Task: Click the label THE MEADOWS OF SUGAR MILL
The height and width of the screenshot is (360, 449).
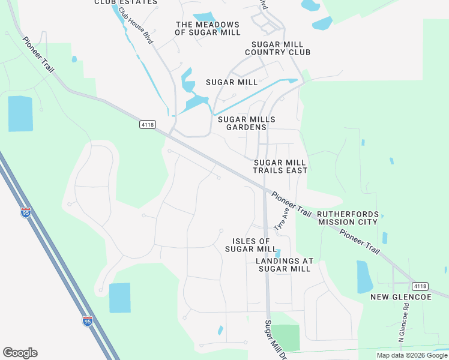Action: [207, 28]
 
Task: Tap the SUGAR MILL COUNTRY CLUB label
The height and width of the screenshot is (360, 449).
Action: [281, 49]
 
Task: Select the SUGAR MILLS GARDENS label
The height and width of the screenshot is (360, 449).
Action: [246, 123]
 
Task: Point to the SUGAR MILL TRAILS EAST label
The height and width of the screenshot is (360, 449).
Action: [280, 166]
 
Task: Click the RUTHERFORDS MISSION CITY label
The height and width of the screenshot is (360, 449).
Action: [348, 218]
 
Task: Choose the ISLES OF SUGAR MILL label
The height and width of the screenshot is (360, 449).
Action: [250, 245]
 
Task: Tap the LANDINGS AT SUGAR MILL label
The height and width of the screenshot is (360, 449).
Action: [284, 265]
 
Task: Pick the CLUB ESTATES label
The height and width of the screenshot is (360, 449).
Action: [126, 2]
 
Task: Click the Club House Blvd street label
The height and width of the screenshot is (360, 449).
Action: [136, 26]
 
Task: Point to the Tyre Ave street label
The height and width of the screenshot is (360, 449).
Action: [282, 219]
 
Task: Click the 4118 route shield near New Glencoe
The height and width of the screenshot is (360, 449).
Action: [420, 286]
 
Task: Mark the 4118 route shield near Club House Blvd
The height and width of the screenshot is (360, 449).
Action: [147, 124]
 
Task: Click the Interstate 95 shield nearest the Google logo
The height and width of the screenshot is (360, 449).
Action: [88, 322]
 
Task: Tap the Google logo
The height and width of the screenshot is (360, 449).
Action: [20, 353]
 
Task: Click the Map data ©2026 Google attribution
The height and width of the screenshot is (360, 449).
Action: [411, 355]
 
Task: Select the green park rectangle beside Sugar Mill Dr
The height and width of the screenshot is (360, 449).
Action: [286, 338]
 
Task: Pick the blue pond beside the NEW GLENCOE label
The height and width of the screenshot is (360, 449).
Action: [365, 277]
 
